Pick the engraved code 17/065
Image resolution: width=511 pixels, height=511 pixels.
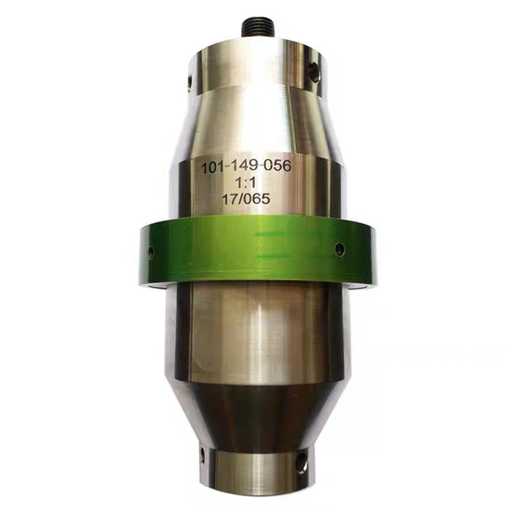tap(246, 199)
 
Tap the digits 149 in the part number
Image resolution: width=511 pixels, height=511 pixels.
tap(246, 167)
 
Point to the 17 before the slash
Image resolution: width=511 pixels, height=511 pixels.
tap(229, 200)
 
